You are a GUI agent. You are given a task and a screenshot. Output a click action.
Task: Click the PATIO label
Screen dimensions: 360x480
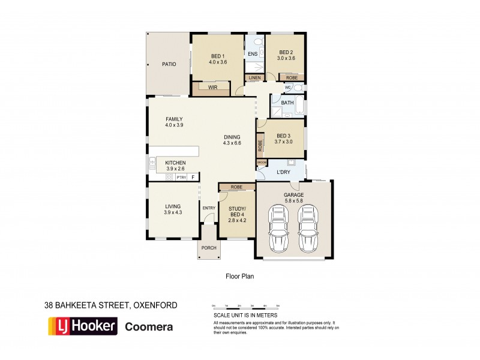[x=169, y=64]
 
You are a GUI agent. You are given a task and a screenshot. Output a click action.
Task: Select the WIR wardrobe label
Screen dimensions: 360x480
[x=212, y=88]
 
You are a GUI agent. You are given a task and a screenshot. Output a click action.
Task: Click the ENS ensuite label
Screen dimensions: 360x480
[x=253, y=55]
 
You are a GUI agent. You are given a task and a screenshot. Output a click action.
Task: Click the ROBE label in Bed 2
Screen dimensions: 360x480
[x=292, y=78]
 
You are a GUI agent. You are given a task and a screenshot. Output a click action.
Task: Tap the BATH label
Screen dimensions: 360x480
[x=287, y=103]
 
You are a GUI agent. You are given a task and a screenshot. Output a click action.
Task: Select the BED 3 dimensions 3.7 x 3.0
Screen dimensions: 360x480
[x=284, y=142]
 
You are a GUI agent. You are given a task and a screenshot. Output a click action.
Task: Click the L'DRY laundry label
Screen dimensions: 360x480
[x=284, y=173]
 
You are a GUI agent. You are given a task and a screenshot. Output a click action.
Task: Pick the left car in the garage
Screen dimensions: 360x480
[x=278, y=229]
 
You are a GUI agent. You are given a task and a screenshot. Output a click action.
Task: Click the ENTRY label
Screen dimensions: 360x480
[x=208, y=208]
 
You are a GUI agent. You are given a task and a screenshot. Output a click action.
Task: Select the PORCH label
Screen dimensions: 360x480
[x=208, y=248]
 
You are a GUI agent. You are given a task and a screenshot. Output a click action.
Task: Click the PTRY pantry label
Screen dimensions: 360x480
[x=180, y=177]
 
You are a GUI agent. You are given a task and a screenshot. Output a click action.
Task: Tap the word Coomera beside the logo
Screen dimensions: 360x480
[x=149, y=327]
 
